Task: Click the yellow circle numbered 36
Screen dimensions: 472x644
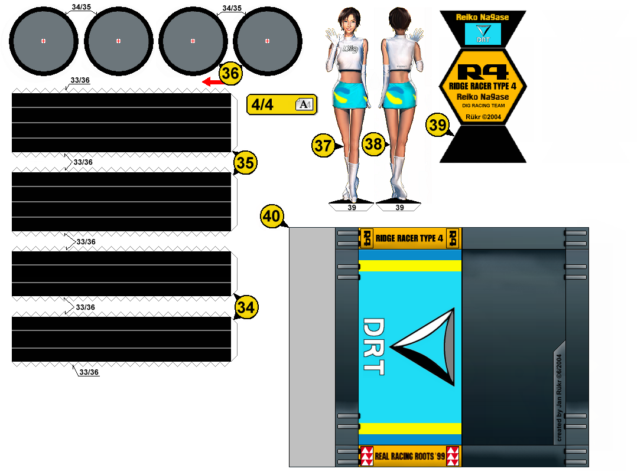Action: [230, 73]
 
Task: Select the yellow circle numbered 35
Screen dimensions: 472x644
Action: [245, 163]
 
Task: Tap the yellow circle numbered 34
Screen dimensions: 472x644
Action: [246, 307]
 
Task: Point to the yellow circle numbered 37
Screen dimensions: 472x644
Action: [323, 146]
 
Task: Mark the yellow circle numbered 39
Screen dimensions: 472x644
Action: [438, 125]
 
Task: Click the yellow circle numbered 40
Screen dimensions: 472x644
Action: [272, 217]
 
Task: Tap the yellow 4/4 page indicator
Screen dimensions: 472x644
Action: [281, 104]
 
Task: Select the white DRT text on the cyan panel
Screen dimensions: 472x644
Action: [373, 347]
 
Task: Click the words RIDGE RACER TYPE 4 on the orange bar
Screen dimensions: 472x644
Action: [409, 238]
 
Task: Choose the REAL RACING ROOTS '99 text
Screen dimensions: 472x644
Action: [409, 457]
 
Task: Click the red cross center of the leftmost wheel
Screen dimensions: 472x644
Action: [44, 41]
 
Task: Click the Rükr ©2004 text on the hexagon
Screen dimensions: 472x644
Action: [483, 117]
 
